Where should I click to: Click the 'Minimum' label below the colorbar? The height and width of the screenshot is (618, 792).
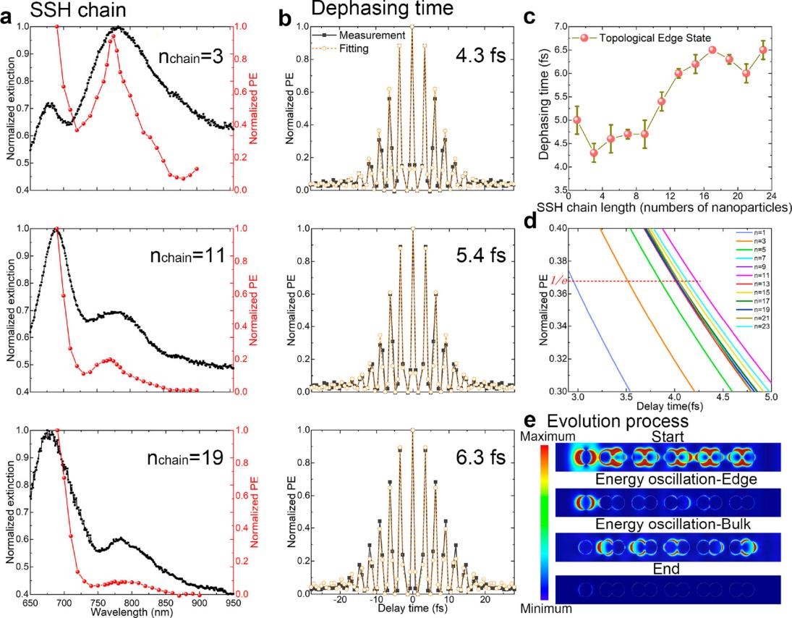tap(545, 609)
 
